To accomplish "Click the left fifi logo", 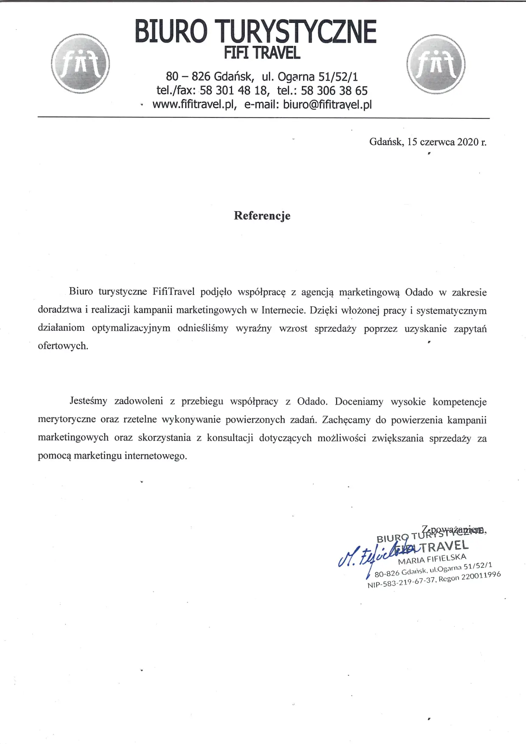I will pyautogui.click(x=80, y=64).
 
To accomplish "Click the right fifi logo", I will pyautogui.click(x=436, y=64).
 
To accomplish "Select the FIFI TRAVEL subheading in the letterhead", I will pyautogui.click(x=262, y=53).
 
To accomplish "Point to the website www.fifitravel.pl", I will pyautogui.click(x=194, y=104).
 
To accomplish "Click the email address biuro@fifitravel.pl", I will pyautogui.click(x=327, y=104).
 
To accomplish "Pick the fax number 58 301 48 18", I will pyautogui.click(x=234, y=90).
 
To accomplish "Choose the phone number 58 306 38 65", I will pyautogui.click(x=334, y=90).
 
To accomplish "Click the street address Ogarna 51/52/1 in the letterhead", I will pyautogui.click(x=318, y=77).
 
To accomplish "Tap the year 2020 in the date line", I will pyautogui.click(x=467, y=142).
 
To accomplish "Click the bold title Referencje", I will pyautogui.click(x=262, y=215).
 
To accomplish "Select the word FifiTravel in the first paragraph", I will pyautogui.click(x=173, y=292).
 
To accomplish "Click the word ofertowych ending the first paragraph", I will pyautogui.click(x=63, y=346).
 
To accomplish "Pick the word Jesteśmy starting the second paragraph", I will pyautogui.click(x=88, y=401).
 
